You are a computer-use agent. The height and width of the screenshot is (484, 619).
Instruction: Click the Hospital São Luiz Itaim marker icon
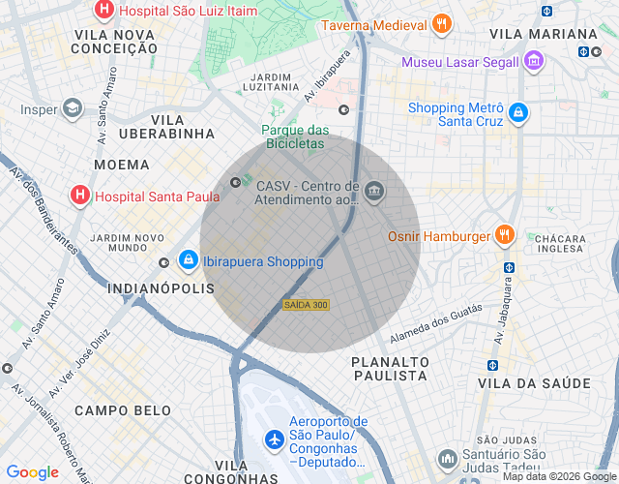(103, 11)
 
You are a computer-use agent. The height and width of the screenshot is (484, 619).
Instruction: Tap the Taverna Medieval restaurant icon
(441, 24)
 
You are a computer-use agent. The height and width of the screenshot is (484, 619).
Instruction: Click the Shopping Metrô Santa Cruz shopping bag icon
(518, 112)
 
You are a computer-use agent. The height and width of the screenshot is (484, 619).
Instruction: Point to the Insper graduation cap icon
(73, 109)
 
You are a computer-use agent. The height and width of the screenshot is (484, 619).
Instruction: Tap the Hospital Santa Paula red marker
(80, 196)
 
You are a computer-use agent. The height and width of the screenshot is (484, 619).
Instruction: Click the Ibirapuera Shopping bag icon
(188, 261)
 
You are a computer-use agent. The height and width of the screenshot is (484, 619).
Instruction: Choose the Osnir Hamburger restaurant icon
(504, 234)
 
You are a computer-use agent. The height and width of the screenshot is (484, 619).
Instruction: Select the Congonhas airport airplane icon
(275, 439)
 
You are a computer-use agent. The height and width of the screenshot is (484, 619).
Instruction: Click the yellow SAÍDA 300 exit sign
(306, 305)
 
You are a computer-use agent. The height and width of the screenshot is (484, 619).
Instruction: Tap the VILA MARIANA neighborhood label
(533, 34)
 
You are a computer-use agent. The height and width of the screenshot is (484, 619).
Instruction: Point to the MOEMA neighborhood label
(122, 165)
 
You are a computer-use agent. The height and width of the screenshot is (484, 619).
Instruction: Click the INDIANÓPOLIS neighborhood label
(161, 288)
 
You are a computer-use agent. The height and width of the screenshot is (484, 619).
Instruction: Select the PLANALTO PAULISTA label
(390, 369)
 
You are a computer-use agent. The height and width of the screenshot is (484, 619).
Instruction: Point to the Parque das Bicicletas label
(295, 136)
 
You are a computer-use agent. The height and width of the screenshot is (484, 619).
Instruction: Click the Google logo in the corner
(32, 471)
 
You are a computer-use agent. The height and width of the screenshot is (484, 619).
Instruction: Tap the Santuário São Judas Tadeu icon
(447, 458)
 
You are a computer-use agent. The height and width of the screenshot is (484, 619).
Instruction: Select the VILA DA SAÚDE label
(533, 384)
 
